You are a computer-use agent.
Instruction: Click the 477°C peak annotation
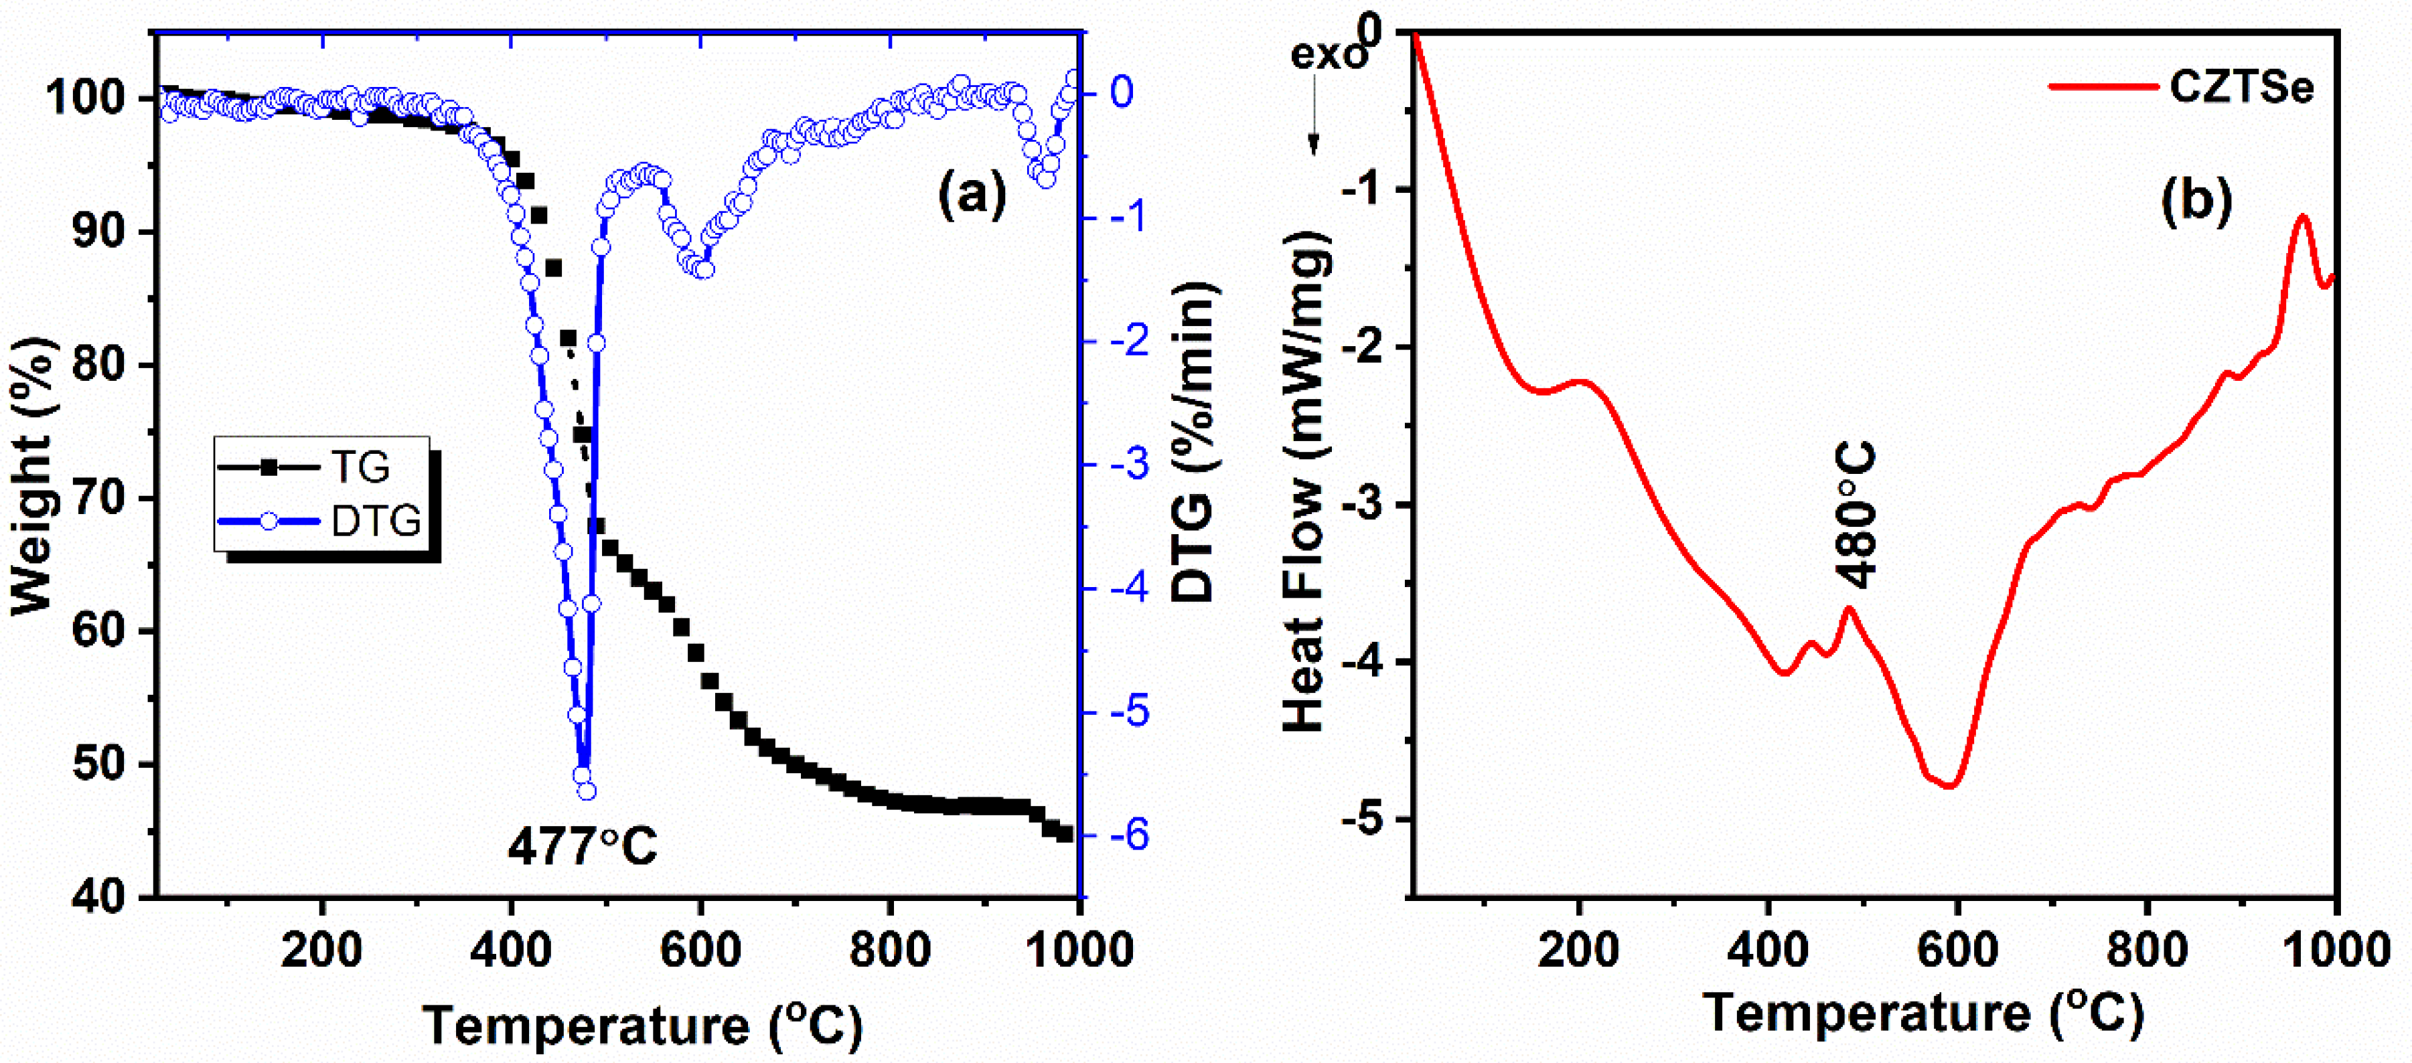[x=583, y=846]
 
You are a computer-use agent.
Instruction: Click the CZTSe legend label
[x=2241, y=87]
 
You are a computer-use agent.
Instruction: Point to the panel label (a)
[x=972, y=195]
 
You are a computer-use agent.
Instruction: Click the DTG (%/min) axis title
[x=1194, y=440]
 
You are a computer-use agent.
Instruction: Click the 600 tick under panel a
[x=700, y=951]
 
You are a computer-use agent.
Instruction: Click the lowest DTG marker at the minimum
[x=586, y=792]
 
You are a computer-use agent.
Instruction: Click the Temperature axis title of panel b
[x=1923, y=1014]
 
